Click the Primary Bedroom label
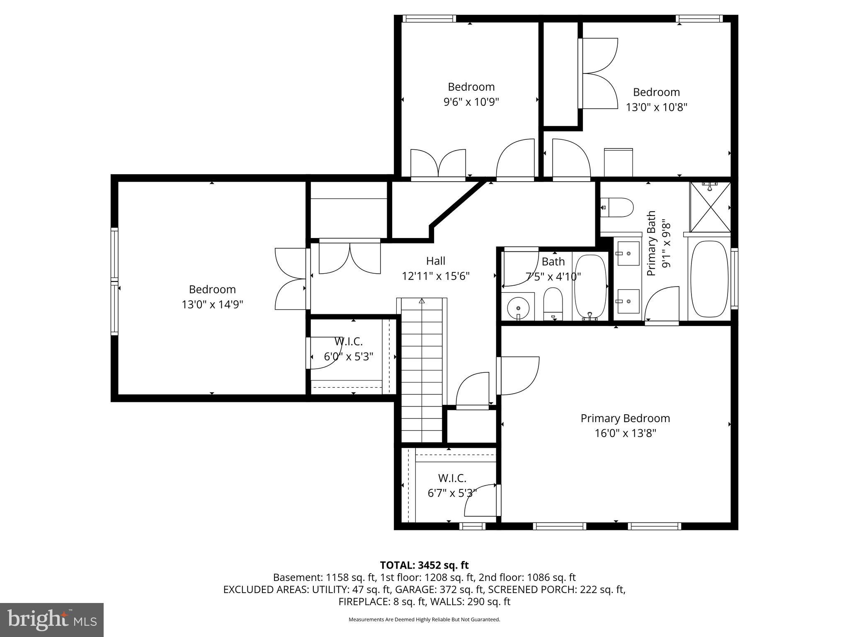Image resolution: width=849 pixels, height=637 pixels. coord(625,418)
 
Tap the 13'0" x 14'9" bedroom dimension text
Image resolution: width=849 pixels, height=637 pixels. coord(212,305)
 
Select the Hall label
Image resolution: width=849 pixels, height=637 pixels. coord(436,261)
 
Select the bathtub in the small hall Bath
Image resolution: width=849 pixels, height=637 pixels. coord(590,286)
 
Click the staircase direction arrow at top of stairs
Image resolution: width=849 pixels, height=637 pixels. coord(422,301)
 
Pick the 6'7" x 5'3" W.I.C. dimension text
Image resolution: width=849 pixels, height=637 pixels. coord(452,493)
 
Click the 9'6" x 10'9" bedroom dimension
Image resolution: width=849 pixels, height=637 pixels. coord(471,102)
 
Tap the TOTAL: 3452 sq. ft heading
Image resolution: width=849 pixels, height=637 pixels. coord(424,565)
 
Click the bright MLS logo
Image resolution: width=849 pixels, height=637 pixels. coord(52,620)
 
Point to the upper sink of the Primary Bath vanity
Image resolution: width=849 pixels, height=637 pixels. coord(628,253)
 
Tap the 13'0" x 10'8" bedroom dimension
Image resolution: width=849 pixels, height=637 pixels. coord(656,107)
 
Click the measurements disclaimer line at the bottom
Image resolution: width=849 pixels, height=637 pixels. coord(424,620)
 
